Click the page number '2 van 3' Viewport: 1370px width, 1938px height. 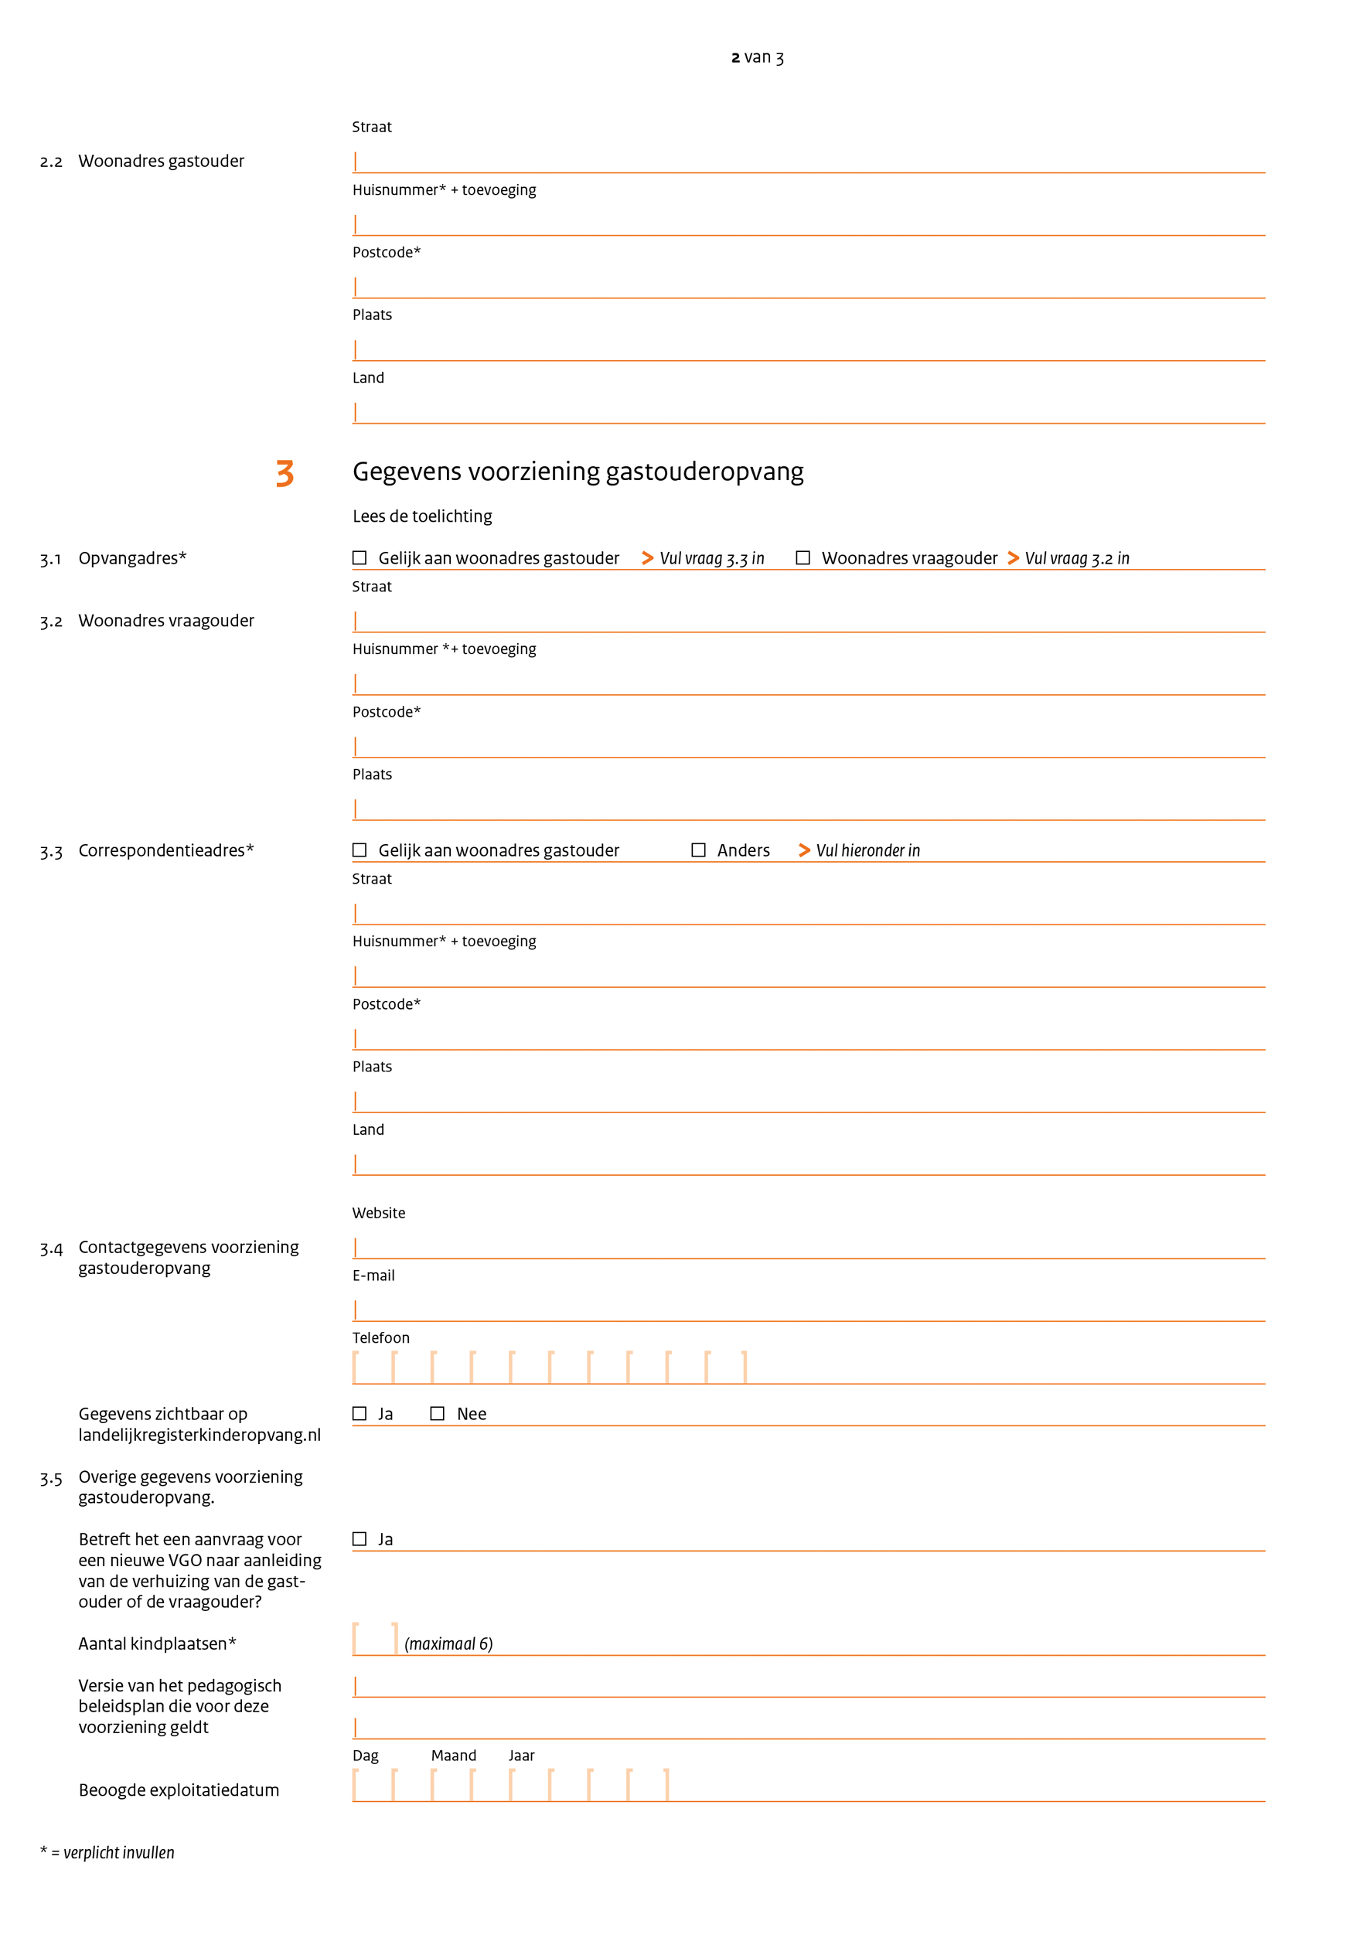pos(756,57)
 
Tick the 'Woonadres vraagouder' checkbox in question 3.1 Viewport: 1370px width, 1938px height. pos(803,558)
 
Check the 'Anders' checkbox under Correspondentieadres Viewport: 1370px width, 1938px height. pos(698,850)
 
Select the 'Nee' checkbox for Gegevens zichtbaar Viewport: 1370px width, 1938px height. pos(438,1414)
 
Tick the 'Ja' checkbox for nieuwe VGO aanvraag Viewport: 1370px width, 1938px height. pos(360,1539)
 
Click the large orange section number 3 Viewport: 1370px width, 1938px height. pos(285,474)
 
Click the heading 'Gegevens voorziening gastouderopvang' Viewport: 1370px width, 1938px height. pos(578,472)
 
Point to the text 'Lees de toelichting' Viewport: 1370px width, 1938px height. pos(422,516)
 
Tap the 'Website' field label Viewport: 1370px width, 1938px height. pos(378,1213)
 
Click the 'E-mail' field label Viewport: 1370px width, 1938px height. pos(373,1276)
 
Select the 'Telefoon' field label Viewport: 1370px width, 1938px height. pos(380,1338)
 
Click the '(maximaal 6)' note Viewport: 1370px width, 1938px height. pos(448,1643)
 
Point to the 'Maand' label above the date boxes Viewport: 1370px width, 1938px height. pos(453,1756)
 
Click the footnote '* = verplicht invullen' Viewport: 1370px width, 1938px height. pos(107,1853)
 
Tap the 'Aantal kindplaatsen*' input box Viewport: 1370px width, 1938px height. pos(375,1638)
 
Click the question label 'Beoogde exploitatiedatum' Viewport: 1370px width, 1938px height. pos(178,1790)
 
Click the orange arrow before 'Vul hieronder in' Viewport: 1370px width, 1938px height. pos(804,850)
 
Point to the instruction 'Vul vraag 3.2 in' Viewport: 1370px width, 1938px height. pos(1076,559)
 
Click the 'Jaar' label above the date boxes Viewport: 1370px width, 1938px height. pos(521,1756)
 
